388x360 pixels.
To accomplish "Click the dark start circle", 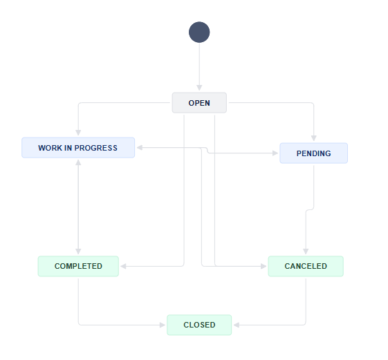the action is [199, 32].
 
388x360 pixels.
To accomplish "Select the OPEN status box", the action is [199, 103].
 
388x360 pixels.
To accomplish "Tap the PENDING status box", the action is [313, 153].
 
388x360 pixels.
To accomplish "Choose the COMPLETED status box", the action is [78, 266].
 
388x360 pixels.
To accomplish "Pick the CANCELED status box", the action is [306, 266].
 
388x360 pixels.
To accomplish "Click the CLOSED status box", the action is [199, 325].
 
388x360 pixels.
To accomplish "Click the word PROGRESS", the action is [95, 148].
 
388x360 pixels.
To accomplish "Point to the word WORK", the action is [50, 148].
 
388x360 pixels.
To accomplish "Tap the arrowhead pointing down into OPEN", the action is [199, 88].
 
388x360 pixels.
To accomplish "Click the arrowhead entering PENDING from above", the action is [314, 138].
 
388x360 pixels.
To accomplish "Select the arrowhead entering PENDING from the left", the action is [275, 153].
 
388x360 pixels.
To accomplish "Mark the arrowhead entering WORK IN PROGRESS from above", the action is [78, 133].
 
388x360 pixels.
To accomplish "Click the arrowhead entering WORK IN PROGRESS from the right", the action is [140, 148].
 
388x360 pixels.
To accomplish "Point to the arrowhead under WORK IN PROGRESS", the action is [78, 162].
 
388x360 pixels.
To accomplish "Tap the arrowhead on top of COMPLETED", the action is [78, 252].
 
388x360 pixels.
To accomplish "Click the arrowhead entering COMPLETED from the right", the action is [124, 266].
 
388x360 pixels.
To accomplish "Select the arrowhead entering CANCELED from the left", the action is [264, 266].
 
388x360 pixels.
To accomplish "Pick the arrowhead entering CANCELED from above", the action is [306, 252].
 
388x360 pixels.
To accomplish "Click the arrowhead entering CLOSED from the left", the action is [163, 325].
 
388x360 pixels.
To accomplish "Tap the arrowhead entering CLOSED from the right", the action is [237, 325].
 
